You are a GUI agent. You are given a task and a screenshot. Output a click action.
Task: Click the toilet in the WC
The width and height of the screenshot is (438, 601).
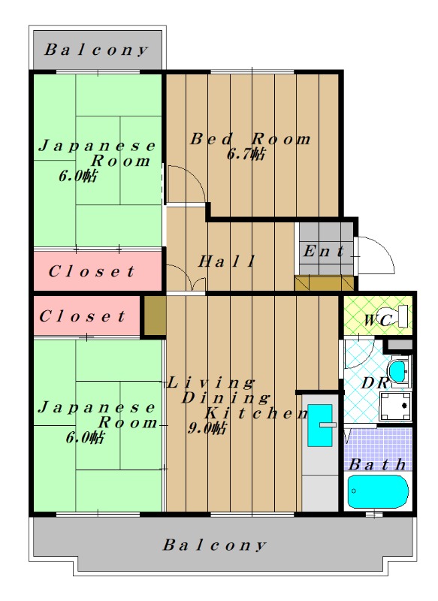[396, 316]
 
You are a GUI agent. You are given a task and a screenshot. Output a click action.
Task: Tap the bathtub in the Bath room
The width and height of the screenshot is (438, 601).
[378, 491]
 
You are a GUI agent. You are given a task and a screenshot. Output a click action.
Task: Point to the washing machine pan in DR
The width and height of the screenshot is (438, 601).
[395, 406]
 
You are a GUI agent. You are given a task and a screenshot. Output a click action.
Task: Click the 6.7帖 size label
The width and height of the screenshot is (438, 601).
[246, 155]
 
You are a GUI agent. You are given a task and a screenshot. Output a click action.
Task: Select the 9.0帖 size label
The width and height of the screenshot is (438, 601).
[207, 427]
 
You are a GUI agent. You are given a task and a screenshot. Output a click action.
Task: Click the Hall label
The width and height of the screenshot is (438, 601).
[226, 261]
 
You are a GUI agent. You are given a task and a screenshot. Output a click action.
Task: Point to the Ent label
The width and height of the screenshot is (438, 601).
[324, 252]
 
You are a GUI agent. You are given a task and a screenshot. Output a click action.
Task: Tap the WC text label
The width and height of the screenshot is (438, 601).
[377, 320]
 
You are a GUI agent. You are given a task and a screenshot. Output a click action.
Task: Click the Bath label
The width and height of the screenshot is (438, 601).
[377, 464]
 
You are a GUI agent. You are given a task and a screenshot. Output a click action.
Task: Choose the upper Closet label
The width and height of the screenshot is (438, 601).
[92, 271]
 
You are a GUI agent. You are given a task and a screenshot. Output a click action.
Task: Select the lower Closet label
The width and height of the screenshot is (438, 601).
[82, 316]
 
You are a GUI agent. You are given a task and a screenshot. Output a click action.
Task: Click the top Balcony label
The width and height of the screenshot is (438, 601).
[96, 50]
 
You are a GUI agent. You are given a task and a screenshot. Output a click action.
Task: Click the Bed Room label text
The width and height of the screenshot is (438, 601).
[251, 139]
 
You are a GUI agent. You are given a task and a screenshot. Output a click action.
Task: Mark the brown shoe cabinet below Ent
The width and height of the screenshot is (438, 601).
[325, 283]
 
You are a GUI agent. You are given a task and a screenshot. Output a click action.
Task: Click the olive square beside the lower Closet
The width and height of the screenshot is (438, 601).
[155, 316]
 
